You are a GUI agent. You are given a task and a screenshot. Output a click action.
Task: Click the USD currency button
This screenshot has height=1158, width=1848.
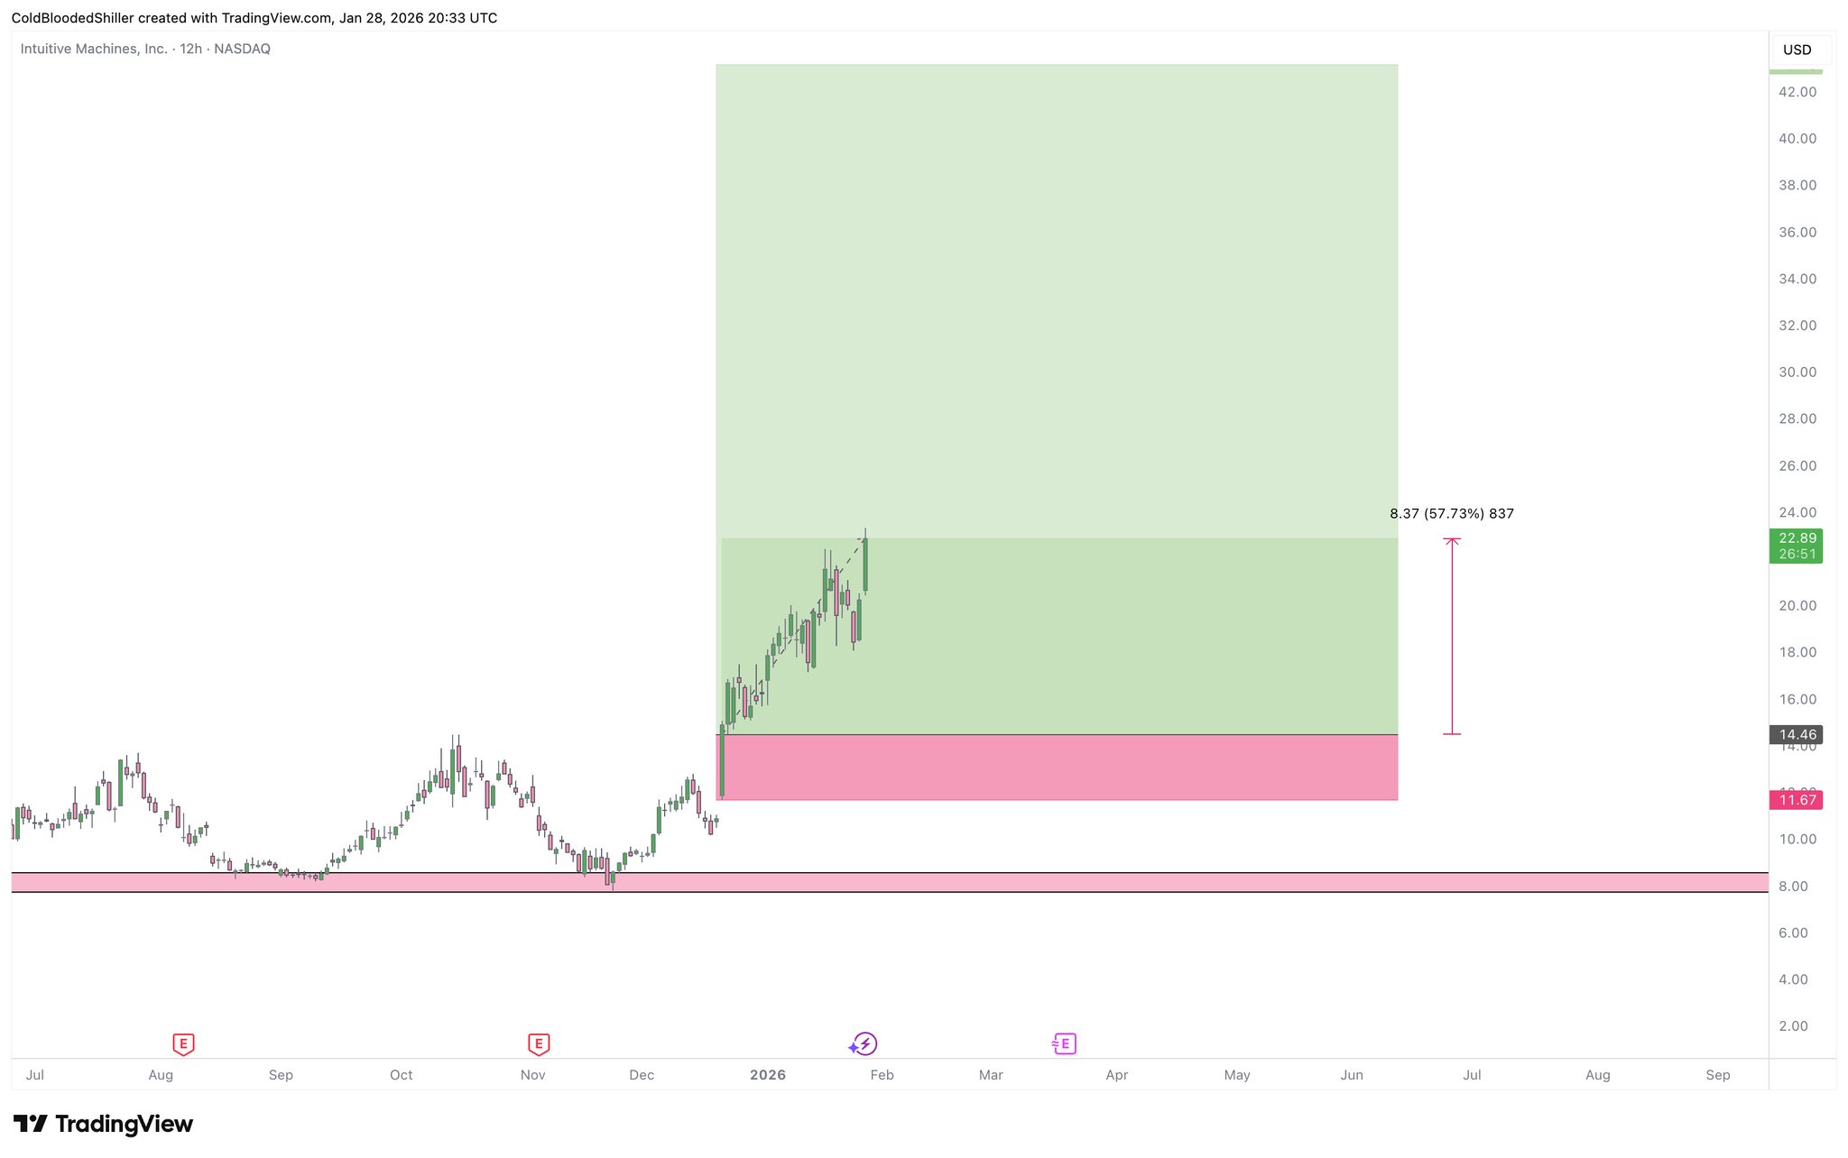coord(1797,50)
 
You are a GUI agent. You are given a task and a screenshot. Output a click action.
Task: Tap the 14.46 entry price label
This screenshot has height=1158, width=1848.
coord(1797,734)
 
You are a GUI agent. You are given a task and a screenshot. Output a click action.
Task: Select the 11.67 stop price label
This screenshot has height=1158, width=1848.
coord(1797,800)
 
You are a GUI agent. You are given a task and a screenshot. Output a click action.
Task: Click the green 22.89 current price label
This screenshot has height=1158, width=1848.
coord(1797,538)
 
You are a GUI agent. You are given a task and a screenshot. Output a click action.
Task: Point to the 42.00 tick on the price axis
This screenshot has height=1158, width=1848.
coord(1797,92)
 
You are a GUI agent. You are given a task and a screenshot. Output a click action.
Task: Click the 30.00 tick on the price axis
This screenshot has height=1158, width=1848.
coord(1797,372)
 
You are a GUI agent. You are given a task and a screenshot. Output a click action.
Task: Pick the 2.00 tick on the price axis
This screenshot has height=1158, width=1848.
coord(1793,1025)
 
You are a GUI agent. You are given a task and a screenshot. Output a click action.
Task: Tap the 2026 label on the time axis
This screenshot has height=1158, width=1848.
coord(768,1074)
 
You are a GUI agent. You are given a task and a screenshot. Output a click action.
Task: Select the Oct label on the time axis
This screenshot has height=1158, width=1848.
coord(401,1074)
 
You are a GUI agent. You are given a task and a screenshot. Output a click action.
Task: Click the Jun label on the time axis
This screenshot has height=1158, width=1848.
coord(1351,1074)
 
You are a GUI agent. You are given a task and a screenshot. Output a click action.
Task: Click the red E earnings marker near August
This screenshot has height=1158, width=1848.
coord(183,1044)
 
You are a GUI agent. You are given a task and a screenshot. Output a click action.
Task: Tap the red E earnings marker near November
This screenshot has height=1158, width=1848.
coord(539,1044)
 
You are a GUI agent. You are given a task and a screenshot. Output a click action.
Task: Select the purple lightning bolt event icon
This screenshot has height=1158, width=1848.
coord(864,1044)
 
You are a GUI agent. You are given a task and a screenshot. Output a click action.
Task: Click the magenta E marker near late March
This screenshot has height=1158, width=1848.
coord(1065,1044)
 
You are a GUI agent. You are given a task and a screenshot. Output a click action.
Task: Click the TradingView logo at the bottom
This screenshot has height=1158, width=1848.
coord(103,1124)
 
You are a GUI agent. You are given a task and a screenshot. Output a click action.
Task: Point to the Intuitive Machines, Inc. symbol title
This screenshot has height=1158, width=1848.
coord(94,49)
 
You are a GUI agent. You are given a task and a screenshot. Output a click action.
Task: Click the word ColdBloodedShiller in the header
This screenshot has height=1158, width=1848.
coord(72,18)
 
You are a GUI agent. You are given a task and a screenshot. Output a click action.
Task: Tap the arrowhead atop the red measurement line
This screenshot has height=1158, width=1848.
coord(1452,540)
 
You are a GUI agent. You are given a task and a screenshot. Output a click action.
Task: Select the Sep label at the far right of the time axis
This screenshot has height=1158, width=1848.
coord(1717,1074)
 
